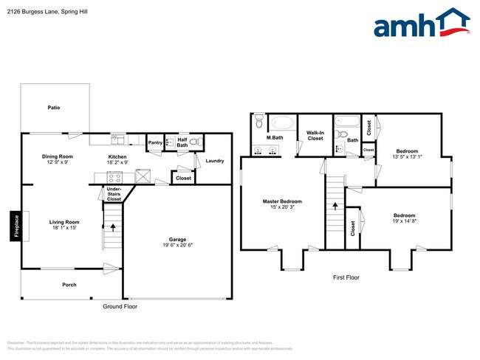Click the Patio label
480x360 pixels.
coord(54,108)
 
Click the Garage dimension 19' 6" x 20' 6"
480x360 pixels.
coord(176,246)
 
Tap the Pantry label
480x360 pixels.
coord(155,142)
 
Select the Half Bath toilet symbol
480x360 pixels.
coord(194,142)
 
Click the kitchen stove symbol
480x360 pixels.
coord(115,177)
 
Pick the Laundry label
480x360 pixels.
coord(215,160)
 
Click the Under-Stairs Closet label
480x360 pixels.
coord(114,194)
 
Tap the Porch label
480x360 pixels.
coord(69,284)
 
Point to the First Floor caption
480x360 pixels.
coord(346,278)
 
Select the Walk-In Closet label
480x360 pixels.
coord(315,135)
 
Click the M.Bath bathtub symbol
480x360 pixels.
coord(282,122)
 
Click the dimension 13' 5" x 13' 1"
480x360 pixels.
coord(406,156)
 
